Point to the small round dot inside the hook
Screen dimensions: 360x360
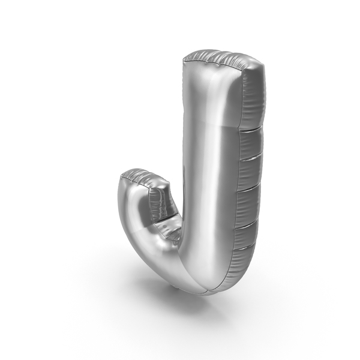click(x=165, y=226)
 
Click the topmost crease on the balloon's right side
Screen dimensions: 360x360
click(x=251, y=128)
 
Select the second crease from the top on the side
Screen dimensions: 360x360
click(x=250, y=158)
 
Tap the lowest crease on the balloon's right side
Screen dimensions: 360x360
click(x=244, y=247)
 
